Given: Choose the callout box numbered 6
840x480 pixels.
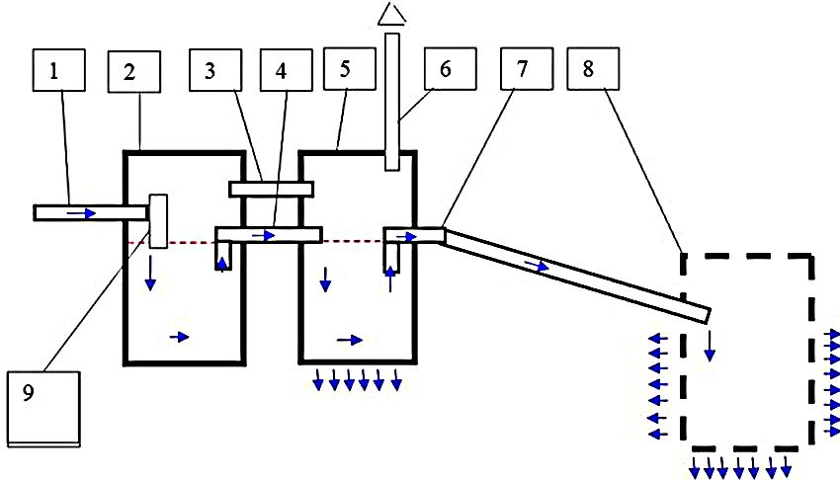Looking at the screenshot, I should coord(447,71).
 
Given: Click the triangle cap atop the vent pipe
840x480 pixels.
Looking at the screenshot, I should coord(392,13).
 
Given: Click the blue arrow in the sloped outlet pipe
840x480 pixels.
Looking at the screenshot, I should coord(538,266).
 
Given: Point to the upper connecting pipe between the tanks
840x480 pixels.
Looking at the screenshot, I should coord(271,189).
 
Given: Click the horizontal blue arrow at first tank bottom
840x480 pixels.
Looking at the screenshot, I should coord(179,337).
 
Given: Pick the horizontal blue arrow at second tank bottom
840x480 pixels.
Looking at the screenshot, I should coord(350,339).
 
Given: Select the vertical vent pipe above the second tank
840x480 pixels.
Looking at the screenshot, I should coord(392,99).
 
